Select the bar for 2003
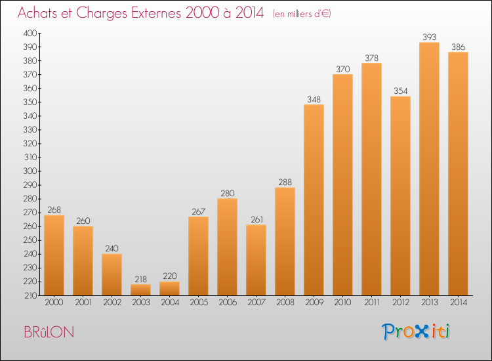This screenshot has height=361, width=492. pos(140,289)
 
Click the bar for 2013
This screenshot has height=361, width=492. pos(429,169)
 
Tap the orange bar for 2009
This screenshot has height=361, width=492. pos(314,200)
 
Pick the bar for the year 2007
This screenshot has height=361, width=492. pos(256,260)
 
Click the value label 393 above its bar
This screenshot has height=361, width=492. pos(429,37)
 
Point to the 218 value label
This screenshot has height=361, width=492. pos(140,279)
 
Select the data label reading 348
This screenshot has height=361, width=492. pos(314,100)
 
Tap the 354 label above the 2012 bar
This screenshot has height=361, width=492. pos(400,91)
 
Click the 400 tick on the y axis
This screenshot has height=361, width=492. pos(30,33)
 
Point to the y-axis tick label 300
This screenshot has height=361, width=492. pos(30,171)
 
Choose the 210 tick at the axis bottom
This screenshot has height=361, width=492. pos(31,295)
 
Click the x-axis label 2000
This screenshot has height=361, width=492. pos(54,303)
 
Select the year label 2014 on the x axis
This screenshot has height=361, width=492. pos(458,303)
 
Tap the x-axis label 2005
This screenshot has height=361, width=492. pos(198,303)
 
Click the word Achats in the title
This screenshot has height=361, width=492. pos(37,12)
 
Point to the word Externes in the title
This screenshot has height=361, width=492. pos(156,12)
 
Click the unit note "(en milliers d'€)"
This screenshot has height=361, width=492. pos(302,14)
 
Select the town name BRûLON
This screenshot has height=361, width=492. pos(49,332)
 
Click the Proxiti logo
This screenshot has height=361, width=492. pos(416,331)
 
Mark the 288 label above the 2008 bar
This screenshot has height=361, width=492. pos(285,182)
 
